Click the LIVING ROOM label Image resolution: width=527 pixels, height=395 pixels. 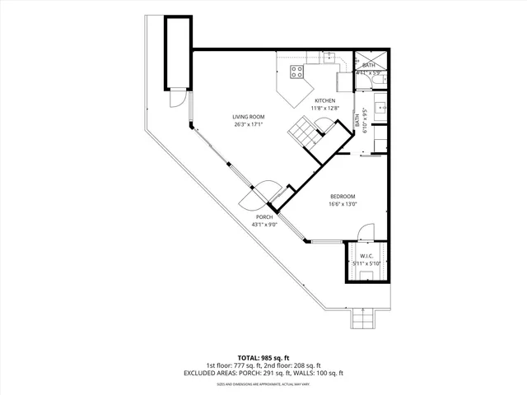248,117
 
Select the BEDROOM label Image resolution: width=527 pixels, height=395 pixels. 343,196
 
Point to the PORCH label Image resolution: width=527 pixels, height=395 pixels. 263,217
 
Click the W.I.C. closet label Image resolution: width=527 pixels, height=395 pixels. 366,256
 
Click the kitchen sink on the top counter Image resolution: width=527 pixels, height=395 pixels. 329,58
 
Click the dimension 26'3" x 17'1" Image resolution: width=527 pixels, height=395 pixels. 248,125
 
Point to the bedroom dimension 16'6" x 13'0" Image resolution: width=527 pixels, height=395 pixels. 343,204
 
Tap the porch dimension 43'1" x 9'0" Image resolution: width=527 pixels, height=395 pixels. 263,225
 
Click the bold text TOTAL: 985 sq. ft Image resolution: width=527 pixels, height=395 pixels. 263,357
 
